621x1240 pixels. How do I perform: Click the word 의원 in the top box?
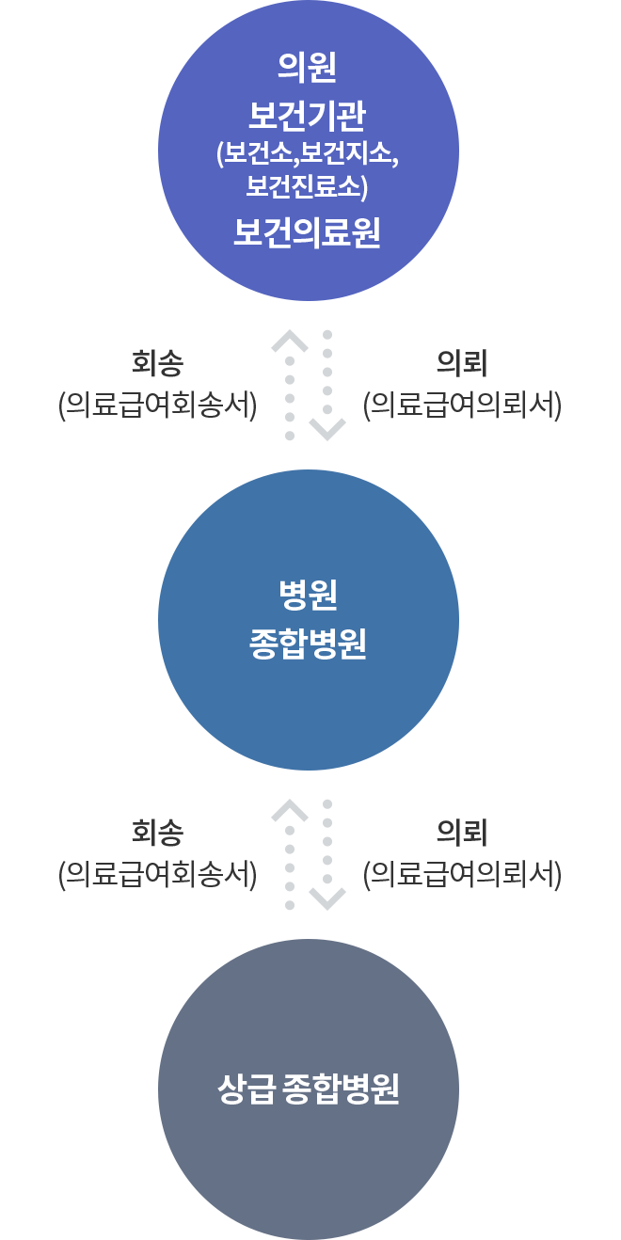(307, 68)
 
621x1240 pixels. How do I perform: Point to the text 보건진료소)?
(307, 185)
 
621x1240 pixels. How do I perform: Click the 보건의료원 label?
(307, 232)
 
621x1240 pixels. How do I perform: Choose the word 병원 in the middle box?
(307, 594)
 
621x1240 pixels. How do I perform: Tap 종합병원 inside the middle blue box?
(307, 644)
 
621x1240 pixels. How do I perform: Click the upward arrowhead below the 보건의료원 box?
(290, 341)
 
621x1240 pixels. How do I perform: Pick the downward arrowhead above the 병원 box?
(327, 429)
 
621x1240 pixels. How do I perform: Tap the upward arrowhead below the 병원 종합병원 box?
(290, 810)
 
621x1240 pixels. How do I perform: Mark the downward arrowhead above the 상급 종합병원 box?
(327, 898)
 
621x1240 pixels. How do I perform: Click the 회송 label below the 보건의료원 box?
(157, 363)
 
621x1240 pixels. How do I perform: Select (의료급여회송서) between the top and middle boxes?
(157, 405)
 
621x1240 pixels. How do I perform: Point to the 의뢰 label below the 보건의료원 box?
(462, 363)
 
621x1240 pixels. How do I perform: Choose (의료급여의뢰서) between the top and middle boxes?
(462, 405)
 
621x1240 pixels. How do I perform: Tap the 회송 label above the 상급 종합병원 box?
(157, 833)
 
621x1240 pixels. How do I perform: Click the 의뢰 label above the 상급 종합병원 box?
(462, 833)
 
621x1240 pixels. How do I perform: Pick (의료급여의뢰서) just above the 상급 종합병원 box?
(462, 874)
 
